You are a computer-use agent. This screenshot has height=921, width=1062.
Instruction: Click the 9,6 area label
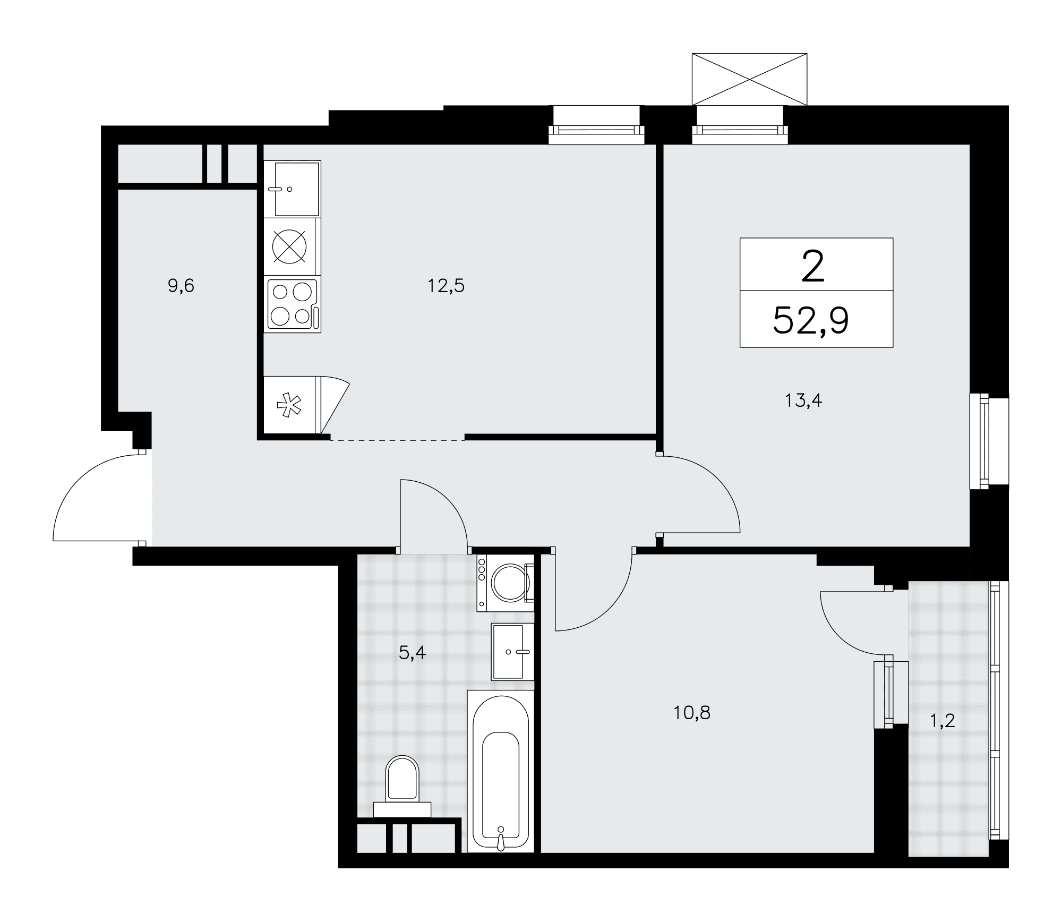click(181, 286)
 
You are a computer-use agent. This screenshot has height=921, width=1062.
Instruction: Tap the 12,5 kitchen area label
click(446, 286)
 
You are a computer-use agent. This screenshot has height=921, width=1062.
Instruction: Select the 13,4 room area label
click(803, 400)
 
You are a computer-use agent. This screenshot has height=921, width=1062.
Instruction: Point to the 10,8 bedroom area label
click(692, 713)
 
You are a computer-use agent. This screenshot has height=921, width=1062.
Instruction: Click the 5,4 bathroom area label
click(413, 653)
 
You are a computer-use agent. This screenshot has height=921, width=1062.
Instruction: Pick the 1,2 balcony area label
click(943, 721)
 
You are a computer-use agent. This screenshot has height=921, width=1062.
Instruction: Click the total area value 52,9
click(811, 321)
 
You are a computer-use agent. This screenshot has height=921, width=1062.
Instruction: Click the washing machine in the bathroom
click(505, 583)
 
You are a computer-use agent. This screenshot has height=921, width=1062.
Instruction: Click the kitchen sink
click(293, 189)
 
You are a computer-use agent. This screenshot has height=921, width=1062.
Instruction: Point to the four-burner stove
click(293, 305)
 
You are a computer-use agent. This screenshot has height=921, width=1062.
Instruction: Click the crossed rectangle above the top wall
click(749, 79)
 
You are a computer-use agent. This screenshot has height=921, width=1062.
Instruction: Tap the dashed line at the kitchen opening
click(398, 440)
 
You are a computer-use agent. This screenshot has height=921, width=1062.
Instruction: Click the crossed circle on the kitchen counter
click(289, 248)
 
